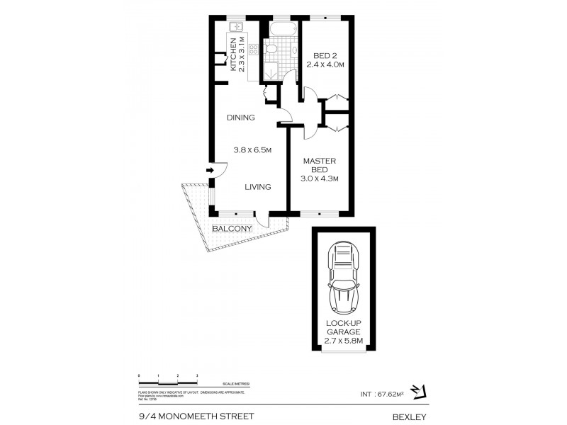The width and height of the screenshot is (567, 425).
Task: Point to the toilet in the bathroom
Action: coord(270,49)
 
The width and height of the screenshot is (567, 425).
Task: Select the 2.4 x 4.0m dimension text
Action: coord(325,64)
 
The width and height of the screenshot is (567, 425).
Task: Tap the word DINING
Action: coord(240,118)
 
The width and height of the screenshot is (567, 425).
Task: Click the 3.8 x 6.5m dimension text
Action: coord(253,149)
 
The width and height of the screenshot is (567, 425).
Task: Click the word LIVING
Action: coord(259,187)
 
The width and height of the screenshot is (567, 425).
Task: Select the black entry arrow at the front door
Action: coord(210,170)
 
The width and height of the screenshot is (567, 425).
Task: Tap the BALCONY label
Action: coord(232,229)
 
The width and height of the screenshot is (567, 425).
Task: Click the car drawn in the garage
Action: coord(342,278)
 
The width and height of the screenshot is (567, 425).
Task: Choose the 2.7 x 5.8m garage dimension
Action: coord(343,341)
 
